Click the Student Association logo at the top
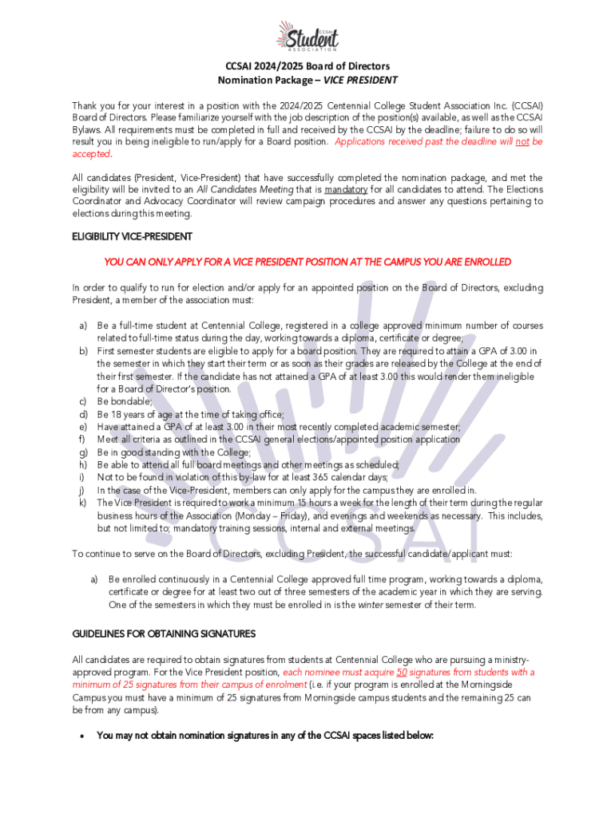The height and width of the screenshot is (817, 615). tap(307, 36)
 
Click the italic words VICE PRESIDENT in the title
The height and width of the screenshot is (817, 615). tap(360, 81)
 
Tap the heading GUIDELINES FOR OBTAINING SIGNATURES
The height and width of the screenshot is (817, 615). tap(164, 633)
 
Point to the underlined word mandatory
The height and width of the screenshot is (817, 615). tap(346, 190)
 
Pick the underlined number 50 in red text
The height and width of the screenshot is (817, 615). tap(402, 673)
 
